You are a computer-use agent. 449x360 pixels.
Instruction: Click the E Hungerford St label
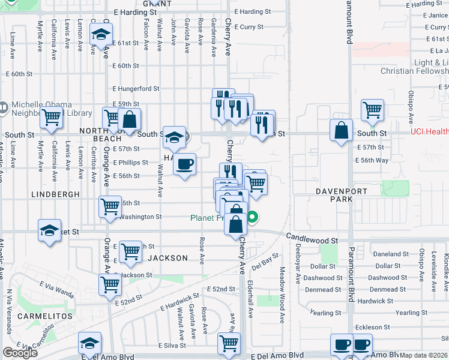pos(135,88)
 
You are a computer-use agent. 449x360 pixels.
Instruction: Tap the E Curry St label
pos(249,27)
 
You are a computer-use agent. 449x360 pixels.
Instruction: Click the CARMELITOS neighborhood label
pos(40,316)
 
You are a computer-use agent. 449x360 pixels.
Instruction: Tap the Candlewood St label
pos(312,239)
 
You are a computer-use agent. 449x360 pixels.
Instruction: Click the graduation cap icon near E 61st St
pos(101,35)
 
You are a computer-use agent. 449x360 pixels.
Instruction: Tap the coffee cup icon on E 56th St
pos(185,163)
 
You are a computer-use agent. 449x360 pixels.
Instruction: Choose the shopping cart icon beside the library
pos(52,118)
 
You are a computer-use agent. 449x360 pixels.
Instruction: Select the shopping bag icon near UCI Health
pos(342,130)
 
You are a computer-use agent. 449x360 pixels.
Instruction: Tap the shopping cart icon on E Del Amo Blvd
pos(229,343)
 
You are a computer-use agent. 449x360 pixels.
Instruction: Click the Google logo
pos(20,353)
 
